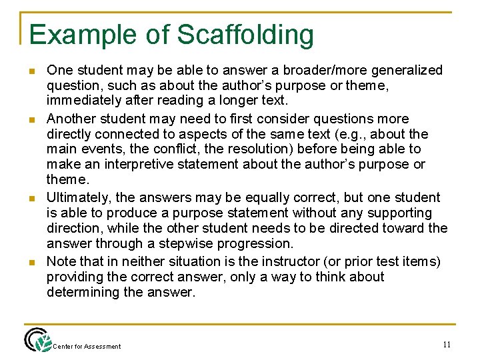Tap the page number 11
pyautogui.click(x=447, y=344)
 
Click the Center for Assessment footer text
pyautogui.click(x=87, y=346)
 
